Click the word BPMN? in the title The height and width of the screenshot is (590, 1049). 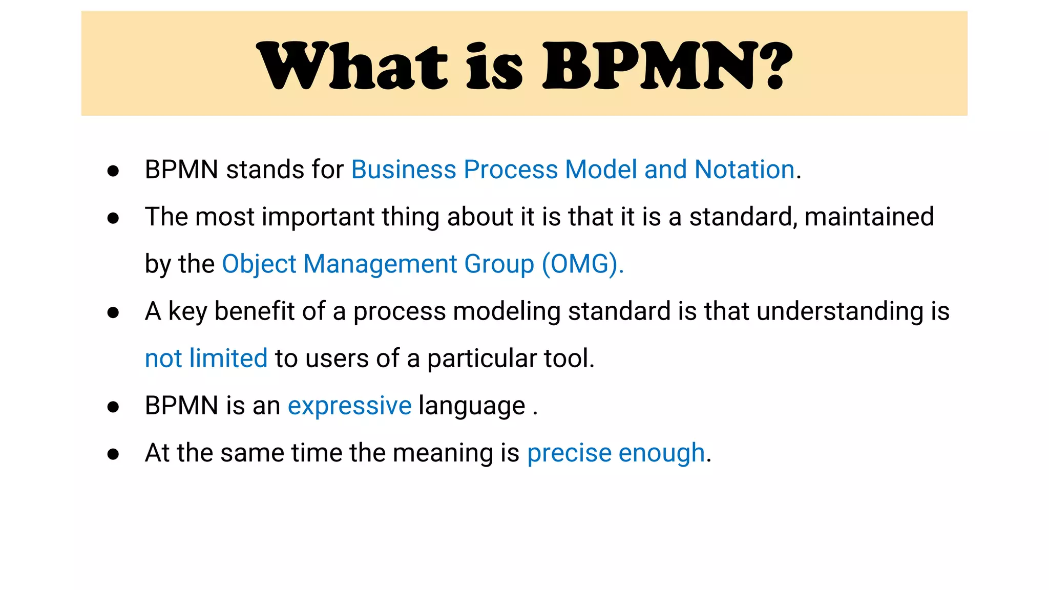point(667,66)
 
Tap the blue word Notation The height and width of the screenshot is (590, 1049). point(744,170)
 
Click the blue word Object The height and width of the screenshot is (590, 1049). point(259,264)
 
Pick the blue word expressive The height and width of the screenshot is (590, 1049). point(349,406)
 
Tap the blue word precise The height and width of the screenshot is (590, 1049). point(569,453)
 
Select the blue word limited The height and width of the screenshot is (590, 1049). point(228,358)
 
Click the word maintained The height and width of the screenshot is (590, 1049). point(869,217)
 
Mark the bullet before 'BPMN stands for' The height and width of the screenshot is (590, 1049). point(113,171)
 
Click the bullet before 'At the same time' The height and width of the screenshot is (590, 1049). point(113,454)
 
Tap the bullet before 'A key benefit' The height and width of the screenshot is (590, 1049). point(113,312)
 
